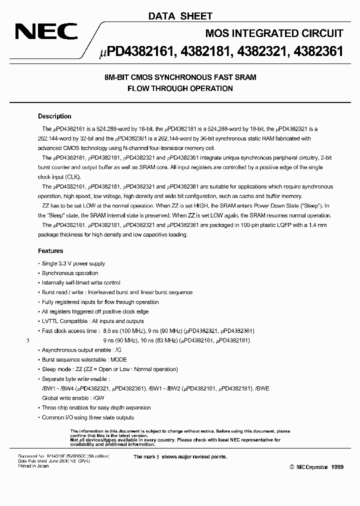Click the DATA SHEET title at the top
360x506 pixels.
180,16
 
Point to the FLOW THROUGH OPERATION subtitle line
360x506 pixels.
180,88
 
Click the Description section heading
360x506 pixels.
54,116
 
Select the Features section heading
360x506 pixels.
50,251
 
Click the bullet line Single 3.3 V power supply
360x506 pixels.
73,263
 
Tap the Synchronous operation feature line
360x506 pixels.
69,273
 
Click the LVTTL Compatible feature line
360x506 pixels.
92,321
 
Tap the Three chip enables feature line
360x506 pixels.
96,407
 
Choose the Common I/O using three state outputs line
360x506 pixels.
87,417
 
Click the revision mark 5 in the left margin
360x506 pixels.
28,341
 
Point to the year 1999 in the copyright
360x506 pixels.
337,467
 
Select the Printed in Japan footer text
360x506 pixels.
33,466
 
